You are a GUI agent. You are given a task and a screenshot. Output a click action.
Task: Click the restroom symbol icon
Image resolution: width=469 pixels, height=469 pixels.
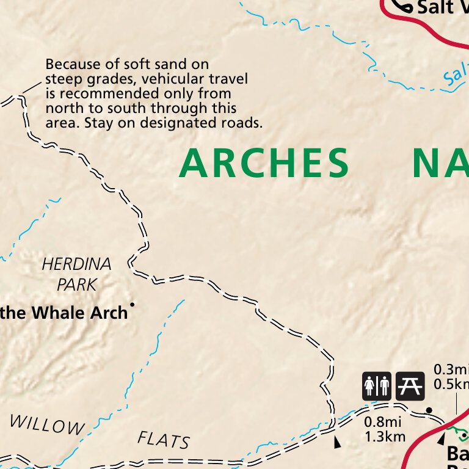377,386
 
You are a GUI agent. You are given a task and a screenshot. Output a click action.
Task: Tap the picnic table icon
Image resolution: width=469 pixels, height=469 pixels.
410,386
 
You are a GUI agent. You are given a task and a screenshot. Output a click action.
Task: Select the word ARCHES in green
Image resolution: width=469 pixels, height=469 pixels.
264,164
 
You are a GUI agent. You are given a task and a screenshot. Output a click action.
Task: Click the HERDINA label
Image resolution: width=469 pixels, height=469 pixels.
77,264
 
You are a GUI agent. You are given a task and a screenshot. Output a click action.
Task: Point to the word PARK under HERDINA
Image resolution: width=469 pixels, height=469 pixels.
77,284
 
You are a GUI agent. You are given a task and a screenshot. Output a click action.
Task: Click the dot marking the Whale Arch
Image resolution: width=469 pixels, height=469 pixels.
132,304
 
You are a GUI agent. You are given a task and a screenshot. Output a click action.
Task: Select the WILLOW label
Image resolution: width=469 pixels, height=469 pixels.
46,424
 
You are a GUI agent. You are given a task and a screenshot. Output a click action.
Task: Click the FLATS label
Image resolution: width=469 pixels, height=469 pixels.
164,440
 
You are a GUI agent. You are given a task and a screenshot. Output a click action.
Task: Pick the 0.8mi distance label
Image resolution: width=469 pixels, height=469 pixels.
382,421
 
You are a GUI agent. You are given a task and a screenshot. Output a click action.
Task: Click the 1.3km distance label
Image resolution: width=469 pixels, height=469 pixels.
385,436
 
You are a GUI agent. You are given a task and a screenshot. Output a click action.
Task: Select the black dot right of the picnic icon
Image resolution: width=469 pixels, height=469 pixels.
429,410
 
